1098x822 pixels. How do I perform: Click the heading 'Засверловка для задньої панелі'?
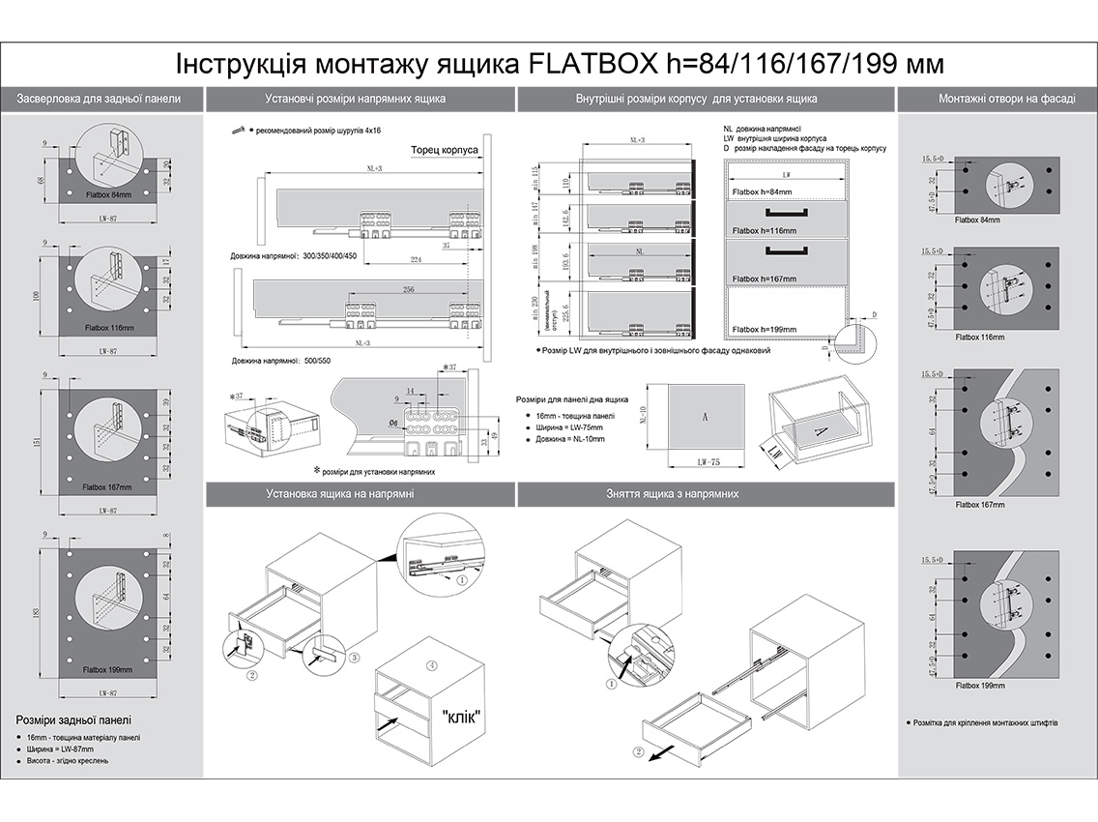pyautogui.click(x=99, y=99)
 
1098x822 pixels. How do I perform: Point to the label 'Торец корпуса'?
pyautogui.click(x=444, y=151)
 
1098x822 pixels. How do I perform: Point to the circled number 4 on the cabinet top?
pyautogui.click(x=432, y=664)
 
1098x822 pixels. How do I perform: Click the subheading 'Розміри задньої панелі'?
pyautogui.click(x=73, y=720)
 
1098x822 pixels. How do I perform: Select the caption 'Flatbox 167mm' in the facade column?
pyautogui.click(x=979, y=504)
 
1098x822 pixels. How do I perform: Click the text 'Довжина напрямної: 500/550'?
pyautogui.click(x=279, y=361)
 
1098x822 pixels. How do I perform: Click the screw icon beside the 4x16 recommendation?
pyautogui.click(x=237, y=129)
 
